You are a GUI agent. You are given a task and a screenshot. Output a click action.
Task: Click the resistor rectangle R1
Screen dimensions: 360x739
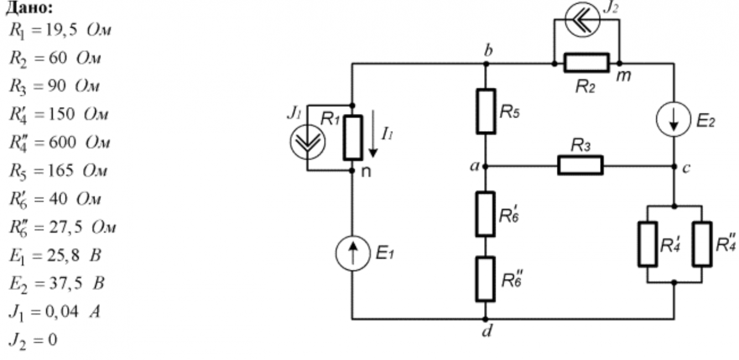tap(352, 136)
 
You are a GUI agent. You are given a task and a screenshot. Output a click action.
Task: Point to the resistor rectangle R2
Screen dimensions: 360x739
tap(586, 64)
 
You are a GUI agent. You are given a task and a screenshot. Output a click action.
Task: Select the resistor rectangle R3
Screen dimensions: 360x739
tap(580, 165)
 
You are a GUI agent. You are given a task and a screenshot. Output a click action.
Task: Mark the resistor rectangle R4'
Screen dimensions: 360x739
tap(648, 244)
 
